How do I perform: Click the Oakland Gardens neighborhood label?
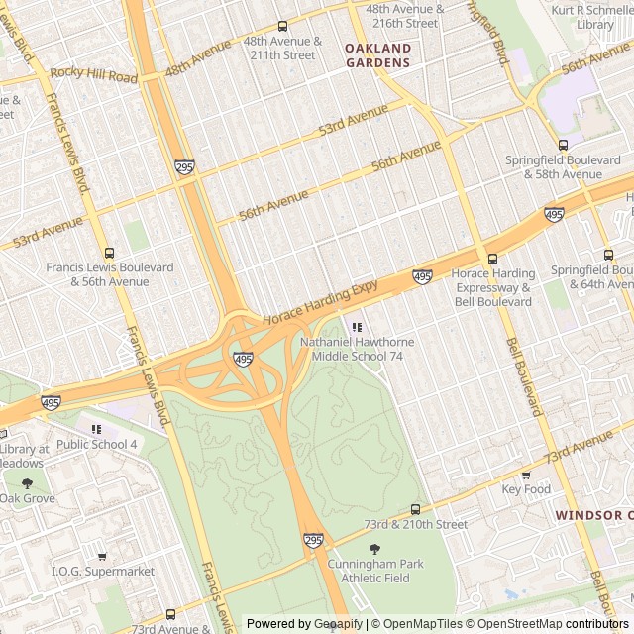(377, 55)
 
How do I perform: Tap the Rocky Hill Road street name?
(94, 74)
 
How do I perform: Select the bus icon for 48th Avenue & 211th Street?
(282, 27)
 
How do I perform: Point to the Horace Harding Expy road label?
(321, 302)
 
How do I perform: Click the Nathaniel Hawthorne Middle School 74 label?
(357, 349)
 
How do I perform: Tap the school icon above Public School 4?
(96, 429)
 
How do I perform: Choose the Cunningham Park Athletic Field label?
(375, 571)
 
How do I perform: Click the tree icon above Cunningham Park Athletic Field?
(374, 549)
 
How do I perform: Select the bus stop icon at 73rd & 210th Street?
(415, 509)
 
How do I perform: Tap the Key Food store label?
(526, 489)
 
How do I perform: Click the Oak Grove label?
(28, 498)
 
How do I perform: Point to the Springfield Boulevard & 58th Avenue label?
(553, 166)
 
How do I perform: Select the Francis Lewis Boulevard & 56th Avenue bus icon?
(109, 254)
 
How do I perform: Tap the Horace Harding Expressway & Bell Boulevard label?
(492, 280)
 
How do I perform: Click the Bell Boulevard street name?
(524, 376)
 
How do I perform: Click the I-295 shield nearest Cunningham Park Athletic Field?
(313, 540)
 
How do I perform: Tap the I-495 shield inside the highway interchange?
(243, 358)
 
